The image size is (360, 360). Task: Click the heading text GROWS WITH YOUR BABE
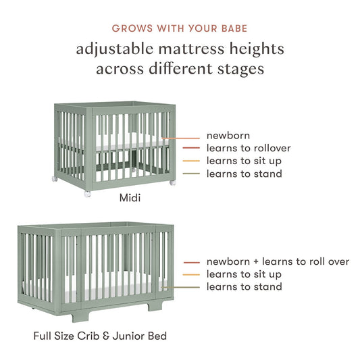[x=180, y=29]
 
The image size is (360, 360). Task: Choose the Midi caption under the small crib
[x=130, y=199]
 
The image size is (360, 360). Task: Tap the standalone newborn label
[x=228, y=135]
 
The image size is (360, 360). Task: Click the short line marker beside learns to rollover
[x=192, y=149]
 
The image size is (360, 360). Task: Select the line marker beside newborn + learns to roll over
[x=192, y=262]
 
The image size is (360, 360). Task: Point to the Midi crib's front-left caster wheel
[x=86, y=194]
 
